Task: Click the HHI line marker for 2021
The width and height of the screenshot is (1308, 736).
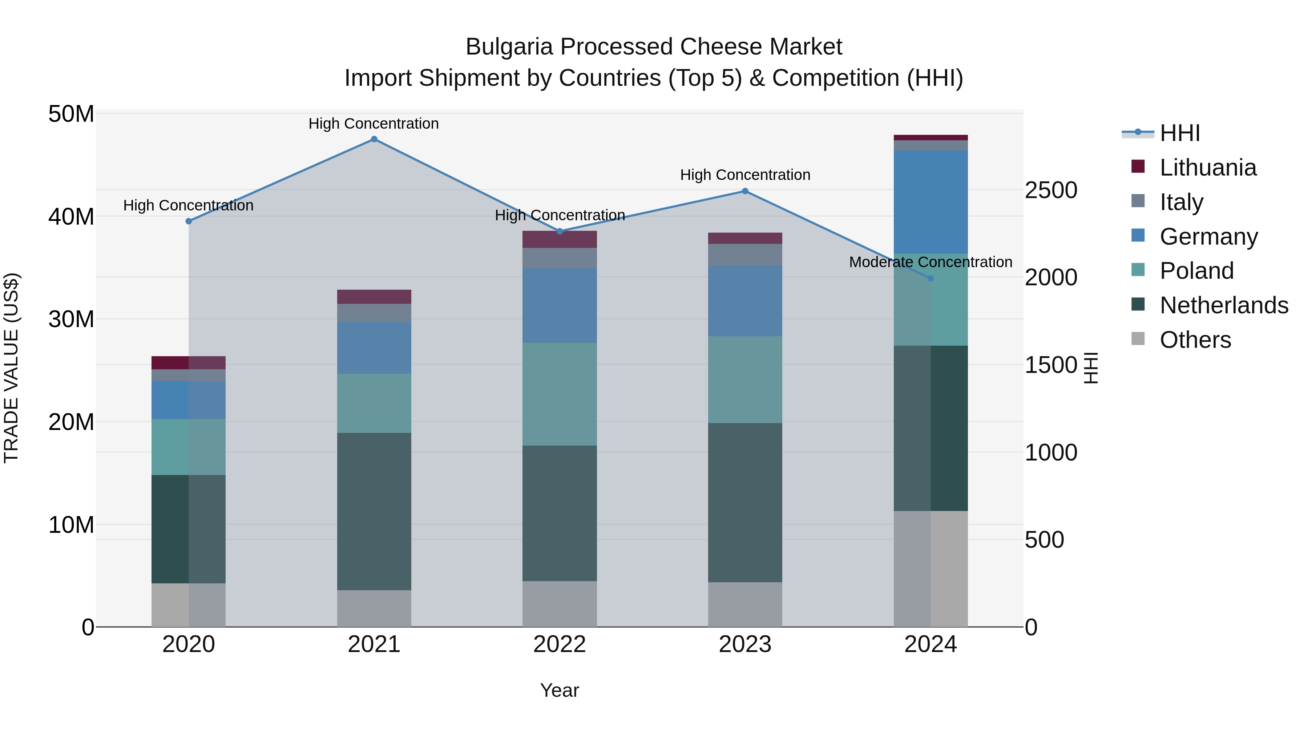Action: tap(374, 139)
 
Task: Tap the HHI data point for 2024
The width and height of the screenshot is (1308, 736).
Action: tap(930, 278)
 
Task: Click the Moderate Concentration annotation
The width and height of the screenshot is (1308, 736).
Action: tap(930, 262)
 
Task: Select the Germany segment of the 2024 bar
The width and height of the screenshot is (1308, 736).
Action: tap(930, 202)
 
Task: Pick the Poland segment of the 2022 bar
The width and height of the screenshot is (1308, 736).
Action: tap(560, 394)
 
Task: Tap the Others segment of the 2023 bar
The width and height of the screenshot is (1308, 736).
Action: tap(745, 604)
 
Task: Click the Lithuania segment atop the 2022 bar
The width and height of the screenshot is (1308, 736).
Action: tap(560, 239)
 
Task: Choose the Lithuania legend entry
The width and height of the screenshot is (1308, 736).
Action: tap(1207, 168)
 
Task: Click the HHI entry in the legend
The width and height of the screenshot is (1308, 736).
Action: tap(1179, 133)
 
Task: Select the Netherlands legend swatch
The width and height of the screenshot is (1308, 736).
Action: tap(1138, 305)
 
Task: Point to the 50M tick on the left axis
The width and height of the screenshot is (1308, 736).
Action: tap(71, 114)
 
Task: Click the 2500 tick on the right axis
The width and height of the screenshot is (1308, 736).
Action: tap(1050, 190)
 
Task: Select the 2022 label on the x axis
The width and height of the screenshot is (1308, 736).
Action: tap(560, 644)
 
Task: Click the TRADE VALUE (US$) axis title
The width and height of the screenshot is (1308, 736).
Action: tap(11, 368)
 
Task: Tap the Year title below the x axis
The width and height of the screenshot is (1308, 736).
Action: tap(559, 690)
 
